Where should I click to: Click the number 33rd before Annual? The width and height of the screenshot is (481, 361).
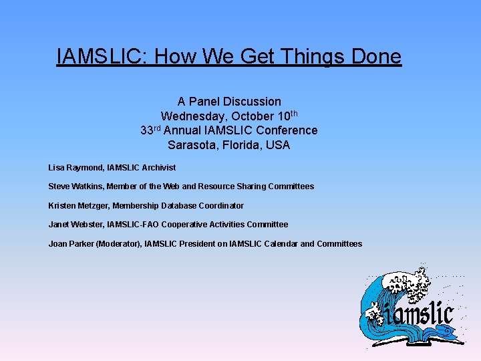tap(150, 130)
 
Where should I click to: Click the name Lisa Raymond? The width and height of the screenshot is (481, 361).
tap(75, 167)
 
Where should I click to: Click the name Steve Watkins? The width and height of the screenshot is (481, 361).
tap(75, 187)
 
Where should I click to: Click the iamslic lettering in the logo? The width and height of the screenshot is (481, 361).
tap(418, 312)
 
